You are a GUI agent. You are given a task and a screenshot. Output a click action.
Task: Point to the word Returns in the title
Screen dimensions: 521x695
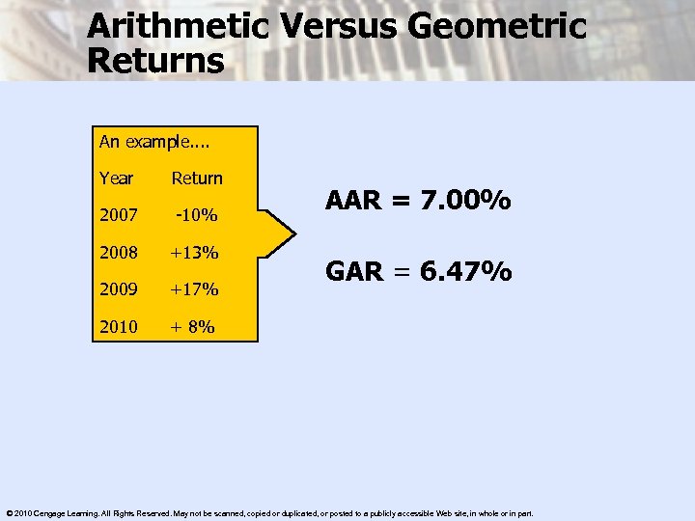coord(155,62)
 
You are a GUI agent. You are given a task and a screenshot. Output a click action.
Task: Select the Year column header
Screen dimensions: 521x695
coord(116,178)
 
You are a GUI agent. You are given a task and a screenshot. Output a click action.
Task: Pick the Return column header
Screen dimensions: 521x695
coord(197,178)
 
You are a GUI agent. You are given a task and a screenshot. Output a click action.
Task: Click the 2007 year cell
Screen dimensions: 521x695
coord(118,215)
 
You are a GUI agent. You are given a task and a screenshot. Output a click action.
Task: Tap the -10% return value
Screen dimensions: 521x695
coord(197,215)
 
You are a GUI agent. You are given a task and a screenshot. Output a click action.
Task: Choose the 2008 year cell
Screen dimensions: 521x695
coord(118,253)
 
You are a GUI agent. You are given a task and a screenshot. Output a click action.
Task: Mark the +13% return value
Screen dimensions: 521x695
coord(195,253)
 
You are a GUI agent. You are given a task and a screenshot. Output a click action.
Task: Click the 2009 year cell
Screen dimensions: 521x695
coord(118,289)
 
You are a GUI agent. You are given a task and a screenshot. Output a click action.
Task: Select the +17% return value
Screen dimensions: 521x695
coord(195,289)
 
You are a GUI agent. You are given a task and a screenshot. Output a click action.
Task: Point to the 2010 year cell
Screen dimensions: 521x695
coord(118,326)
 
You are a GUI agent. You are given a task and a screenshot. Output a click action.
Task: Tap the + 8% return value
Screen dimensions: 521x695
coord(193,326)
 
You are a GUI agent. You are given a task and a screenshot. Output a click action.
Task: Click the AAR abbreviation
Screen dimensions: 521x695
coord(355,202)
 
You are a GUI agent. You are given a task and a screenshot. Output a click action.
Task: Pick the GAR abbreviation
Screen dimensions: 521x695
coord(355,273)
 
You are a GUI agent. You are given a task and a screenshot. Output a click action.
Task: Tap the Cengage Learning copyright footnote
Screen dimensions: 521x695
coord(269,512)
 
